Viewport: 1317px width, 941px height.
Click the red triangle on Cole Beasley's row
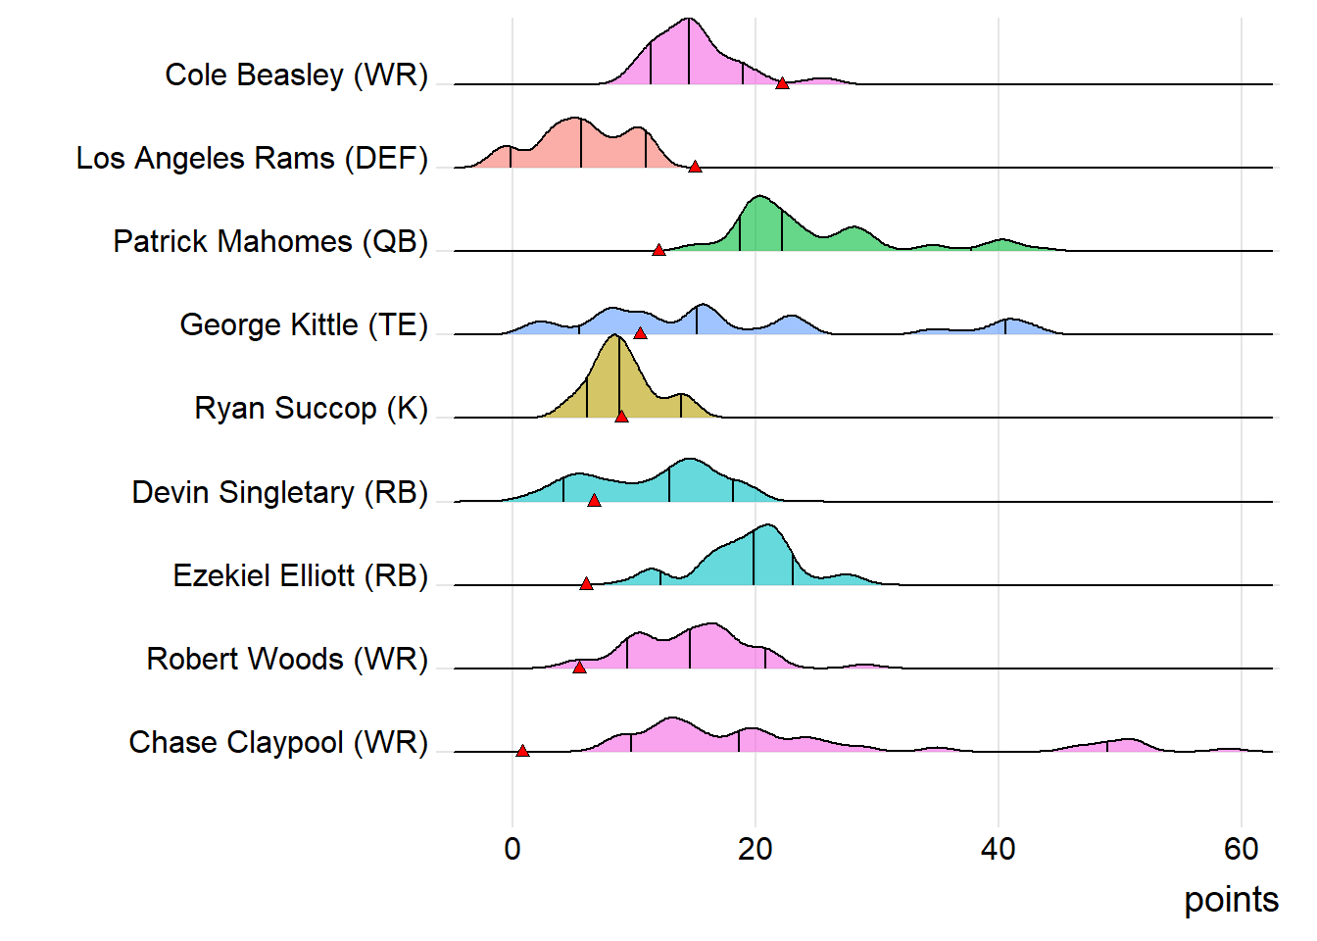[782, 83]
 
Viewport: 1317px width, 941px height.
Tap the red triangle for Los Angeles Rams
[695, 167]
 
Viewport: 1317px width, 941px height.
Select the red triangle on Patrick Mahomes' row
[658, 250]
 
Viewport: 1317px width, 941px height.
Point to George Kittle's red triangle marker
[640, 333]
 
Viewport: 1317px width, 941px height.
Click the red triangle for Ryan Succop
[621, 417]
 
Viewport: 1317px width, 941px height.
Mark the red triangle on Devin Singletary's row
[594, 500]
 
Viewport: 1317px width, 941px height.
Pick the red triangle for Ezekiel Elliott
[586, 583]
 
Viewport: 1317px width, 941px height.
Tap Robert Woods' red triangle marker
[579, 668]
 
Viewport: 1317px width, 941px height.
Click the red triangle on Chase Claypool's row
[522, 751]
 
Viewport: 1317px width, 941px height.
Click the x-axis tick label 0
[512, 848]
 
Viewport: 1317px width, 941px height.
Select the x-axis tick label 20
[756, 848]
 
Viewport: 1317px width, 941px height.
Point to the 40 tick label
[999, 848]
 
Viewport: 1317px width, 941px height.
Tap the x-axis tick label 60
[1241, 848]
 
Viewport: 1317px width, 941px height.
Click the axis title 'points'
[1231, 900]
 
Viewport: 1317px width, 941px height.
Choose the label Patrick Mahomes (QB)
[270, 241]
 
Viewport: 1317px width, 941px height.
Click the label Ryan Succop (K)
[312, 408]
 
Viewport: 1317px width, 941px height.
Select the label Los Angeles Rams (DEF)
[252, 158]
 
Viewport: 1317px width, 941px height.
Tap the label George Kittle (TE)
[304, 324]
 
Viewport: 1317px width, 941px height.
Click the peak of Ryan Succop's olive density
[615, 336]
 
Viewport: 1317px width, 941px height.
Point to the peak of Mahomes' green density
[759, 198]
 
